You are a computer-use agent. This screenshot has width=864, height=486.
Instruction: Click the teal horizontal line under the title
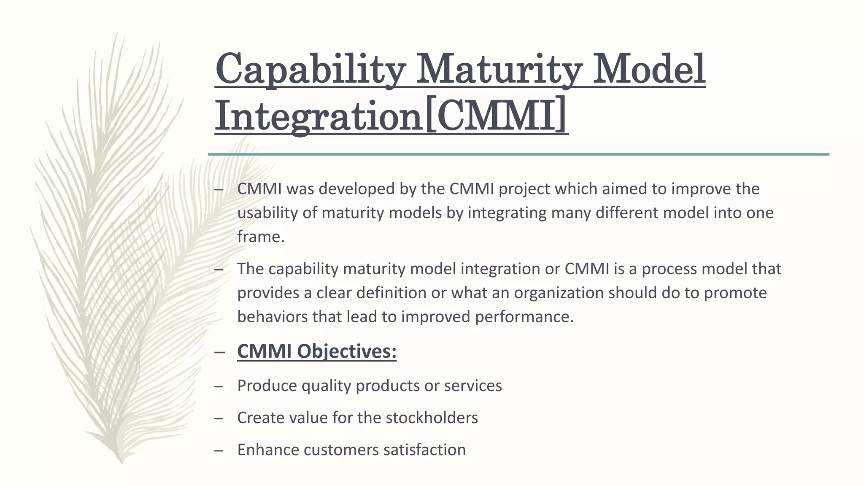(518, 154)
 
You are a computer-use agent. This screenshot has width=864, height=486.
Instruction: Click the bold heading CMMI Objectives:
(317, 351)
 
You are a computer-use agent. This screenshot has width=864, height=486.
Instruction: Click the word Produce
(267, 386)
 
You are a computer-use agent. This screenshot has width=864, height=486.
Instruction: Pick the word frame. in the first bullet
(261, 237)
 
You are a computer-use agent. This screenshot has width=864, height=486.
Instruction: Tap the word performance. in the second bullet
(524, 317)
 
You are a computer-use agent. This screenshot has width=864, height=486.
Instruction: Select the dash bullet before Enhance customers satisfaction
(219, 450)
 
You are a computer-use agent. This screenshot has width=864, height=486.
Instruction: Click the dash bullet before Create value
(219, 418)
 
